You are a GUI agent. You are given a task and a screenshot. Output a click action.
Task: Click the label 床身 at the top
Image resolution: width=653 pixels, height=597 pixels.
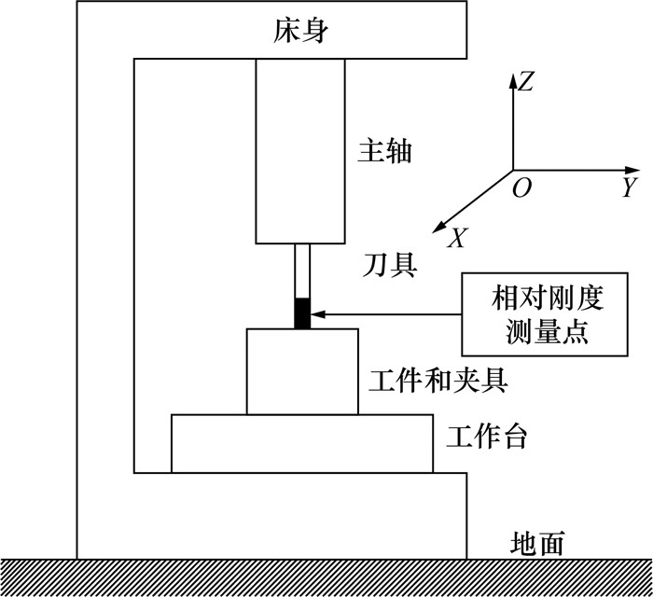301,32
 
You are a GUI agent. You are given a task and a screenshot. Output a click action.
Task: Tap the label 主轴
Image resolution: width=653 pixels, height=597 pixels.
384,151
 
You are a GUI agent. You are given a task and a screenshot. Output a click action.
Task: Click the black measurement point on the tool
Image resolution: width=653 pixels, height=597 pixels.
301,313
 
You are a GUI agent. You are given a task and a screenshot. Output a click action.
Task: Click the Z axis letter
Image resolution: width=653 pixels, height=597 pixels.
526,82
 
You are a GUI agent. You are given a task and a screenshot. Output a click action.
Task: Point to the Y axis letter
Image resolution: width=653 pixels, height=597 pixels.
629,187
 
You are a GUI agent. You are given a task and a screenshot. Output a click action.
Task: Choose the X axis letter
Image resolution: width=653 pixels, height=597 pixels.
456,240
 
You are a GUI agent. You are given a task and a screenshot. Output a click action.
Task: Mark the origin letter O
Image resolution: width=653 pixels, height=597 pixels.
522,188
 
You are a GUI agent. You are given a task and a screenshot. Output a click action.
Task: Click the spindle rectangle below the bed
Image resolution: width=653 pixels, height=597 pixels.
300,149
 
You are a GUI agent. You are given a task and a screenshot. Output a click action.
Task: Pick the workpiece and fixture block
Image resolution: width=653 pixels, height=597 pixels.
301,371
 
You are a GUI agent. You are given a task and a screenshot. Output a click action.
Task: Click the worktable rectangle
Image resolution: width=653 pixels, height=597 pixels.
301,443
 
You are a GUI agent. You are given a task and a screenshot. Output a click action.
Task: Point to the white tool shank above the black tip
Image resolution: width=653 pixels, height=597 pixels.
301,271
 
